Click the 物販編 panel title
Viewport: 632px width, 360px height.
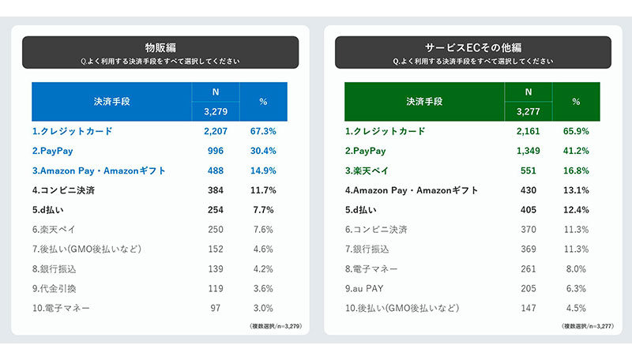point(160,47)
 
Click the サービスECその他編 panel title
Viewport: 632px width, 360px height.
point(472,47)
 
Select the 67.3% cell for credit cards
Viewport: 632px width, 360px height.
point(263,131)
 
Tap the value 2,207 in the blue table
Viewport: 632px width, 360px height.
point(215,131)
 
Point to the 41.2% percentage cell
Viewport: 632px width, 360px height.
point(576,151)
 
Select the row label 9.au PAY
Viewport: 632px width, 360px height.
point(371,288)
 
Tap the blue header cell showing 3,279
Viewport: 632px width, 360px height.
point(215,112)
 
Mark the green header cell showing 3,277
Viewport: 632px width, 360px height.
point(528,112)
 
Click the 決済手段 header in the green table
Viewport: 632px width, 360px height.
point(425,102)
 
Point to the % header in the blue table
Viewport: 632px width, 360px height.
point(263,102)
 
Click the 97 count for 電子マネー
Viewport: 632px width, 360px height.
point(215,308)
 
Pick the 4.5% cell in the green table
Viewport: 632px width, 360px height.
point(576,308)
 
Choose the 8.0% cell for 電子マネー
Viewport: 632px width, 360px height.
point(576,268)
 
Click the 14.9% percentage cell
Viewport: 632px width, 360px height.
point(263,171)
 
